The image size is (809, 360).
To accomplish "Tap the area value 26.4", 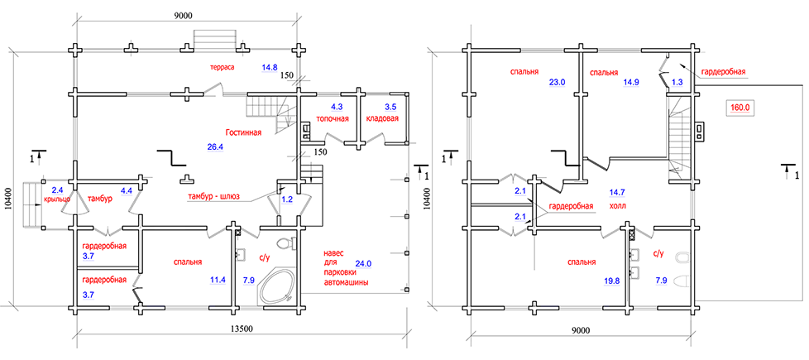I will (x=215, y=146).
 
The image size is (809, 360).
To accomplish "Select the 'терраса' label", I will (x=223, y=66).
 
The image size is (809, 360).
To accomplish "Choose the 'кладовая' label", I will (x=381, y=118).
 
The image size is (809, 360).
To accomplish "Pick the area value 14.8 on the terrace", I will (x=270, y=67).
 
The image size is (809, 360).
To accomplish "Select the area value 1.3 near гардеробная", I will (x=677, y=82).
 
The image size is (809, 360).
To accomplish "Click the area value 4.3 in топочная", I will (x=337, y=108).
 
